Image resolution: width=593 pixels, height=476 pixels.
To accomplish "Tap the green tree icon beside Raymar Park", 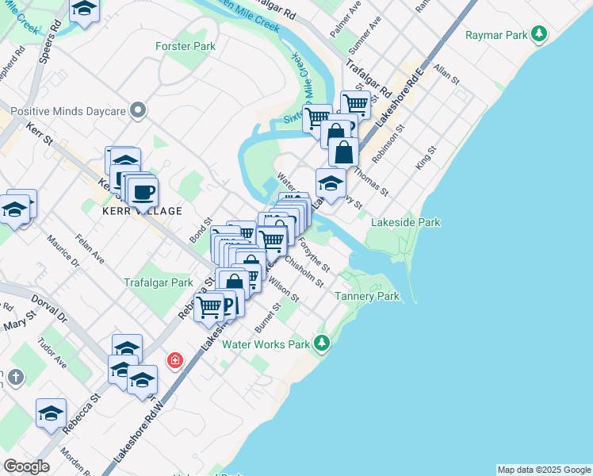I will (x=539, y=33).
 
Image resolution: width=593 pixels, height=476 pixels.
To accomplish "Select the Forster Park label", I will (x=186, y=47).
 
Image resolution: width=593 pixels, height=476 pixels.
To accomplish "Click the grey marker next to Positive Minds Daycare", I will (x=139, y=110).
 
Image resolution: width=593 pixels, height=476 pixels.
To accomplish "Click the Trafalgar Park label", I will (x=159, y=282).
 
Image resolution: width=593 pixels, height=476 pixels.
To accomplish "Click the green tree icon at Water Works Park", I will (x=321, y=343).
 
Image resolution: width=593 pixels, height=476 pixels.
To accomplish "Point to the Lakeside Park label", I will (x=405, y=223).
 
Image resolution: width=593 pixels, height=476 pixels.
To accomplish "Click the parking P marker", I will (x=229, y=304).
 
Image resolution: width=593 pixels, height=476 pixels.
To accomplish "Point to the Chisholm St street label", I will (x=304, y=271).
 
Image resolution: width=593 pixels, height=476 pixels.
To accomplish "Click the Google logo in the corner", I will (x=26, y=466).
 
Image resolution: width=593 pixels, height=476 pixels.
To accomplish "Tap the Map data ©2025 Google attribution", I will (x=544, y=470).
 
